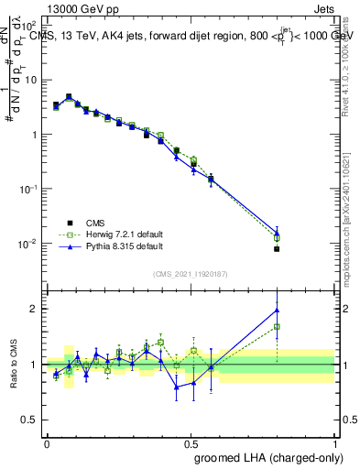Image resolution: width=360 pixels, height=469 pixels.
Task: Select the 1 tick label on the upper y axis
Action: coord(32,135)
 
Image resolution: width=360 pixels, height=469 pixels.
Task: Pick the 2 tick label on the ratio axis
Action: coord(33,309)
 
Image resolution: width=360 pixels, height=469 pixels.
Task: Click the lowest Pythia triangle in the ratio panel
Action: coord(177,387)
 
